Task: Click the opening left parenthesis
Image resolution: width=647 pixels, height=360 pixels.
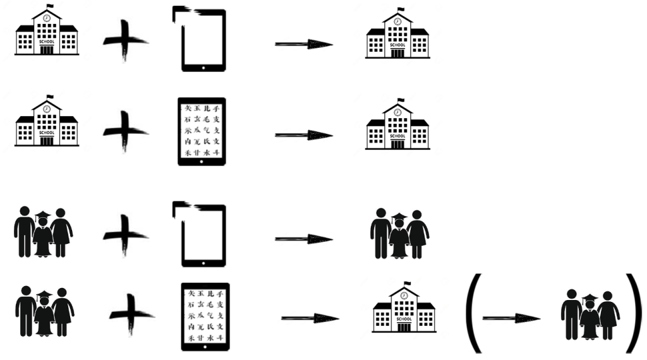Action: (x=473, y=314)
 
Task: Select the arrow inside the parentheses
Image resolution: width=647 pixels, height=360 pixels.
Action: (x=511, y=318)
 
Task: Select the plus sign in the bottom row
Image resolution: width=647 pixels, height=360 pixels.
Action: (x=131, y=314)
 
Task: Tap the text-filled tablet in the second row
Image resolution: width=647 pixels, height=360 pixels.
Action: (x=202, y=131)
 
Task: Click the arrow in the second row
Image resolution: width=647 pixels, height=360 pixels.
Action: (x=304, y=135)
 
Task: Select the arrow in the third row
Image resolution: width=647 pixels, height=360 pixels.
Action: (x=304, y=238)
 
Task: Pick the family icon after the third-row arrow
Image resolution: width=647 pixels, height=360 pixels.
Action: (x=400, y=234)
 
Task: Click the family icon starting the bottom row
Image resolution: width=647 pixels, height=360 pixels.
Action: (x=44, y=311)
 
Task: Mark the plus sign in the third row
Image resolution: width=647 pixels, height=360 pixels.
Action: (x=125, y=236)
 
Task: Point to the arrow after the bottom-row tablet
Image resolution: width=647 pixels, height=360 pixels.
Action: (x=310, y=318)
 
